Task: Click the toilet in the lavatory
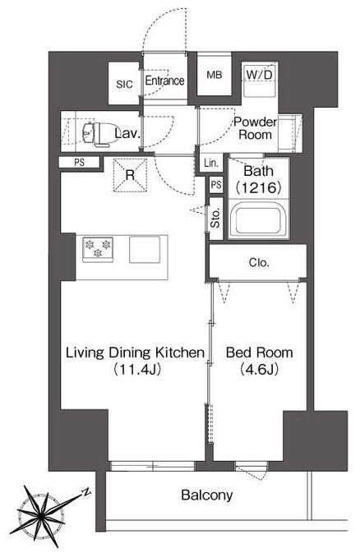pos(99,134)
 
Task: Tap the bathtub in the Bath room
pos(259,219)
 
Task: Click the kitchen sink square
pos(145,249)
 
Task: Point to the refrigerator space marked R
pos(130,175)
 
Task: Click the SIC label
pos(124,85)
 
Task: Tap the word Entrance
pos(165,81)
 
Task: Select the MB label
pos(215,75)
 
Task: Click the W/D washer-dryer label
pos(260,75)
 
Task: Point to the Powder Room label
pos(255,128)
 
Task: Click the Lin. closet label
pos(211,163)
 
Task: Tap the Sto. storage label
pos(215,218)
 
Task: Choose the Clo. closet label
pos(259,262)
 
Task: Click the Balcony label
pos(207,495)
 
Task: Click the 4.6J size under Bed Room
pos(260,369)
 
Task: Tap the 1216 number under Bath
pos(259,187)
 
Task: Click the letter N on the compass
pos(85,492)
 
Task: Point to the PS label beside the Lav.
pos(80,163)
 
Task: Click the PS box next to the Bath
pos(216,185)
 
